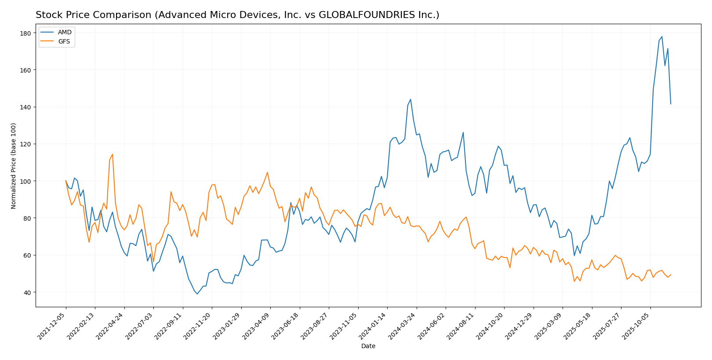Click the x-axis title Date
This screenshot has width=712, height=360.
[x=368, y=346]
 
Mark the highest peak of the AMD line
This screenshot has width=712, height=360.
[x=662, y=37]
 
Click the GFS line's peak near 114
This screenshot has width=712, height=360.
[x=113, y=154]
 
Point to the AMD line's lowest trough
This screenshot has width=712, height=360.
[x=197, y=294]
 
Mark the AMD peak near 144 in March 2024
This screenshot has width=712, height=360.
[x=410, y=99]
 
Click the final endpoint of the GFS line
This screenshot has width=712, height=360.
[x=671, y=275]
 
